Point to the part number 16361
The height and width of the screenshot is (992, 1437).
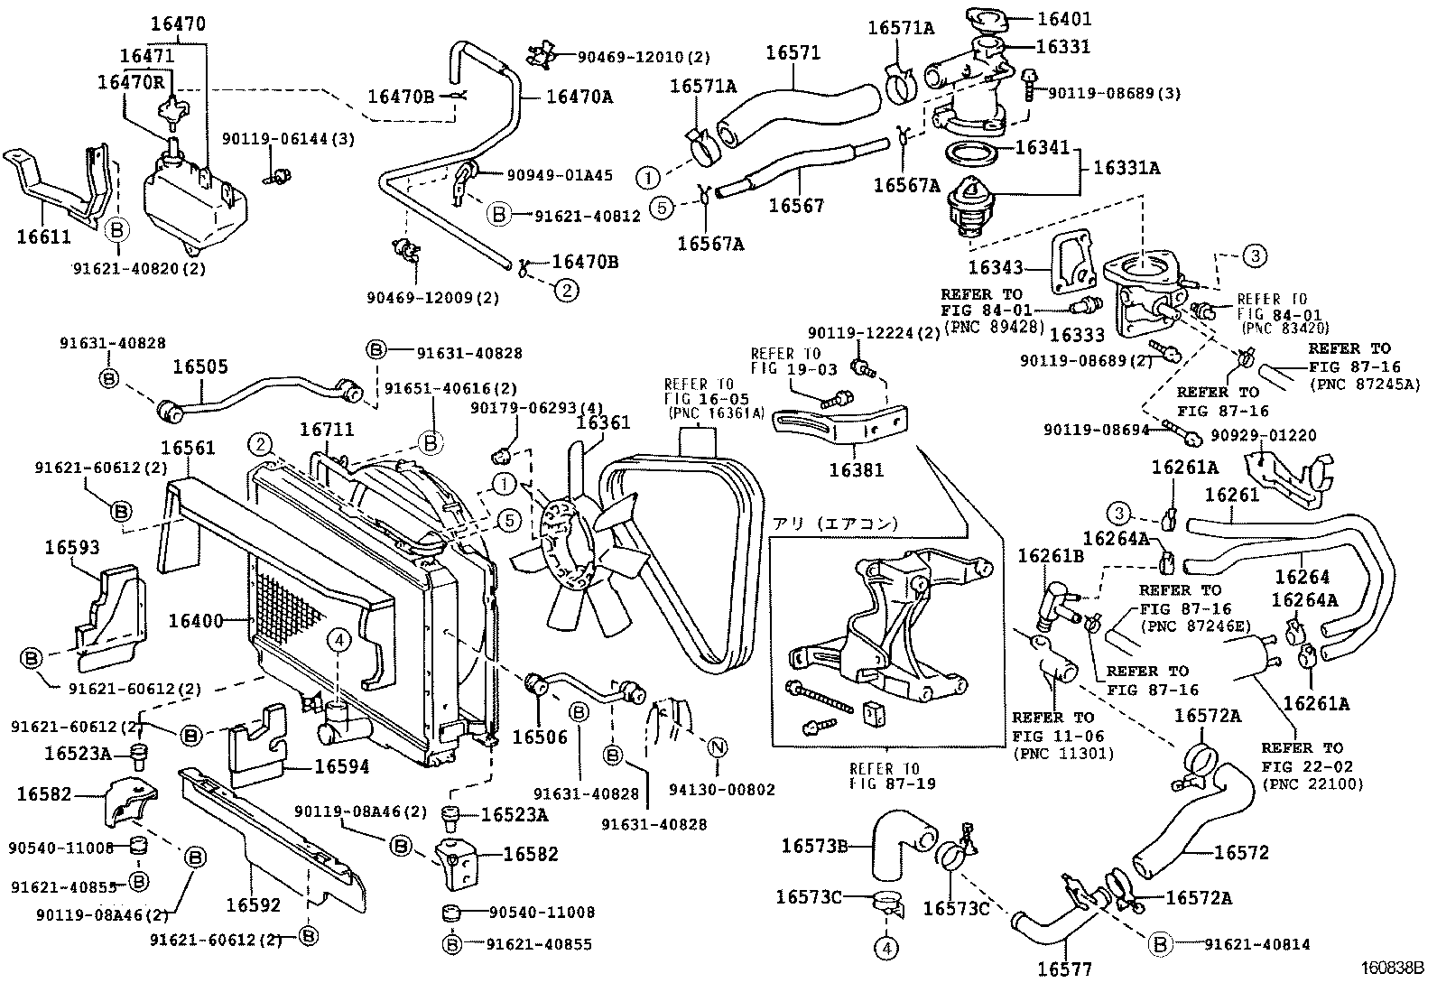[x=603, y=422]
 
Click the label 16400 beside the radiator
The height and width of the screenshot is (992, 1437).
[x=195, y=620]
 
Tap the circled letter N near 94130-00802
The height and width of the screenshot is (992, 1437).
[x=717, y=747]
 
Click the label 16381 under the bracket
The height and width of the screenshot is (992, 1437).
[x=856, y=470]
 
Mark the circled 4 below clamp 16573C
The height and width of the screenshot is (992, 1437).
[x=886, y=948]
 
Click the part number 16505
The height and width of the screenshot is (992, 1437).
[x=200, y=367]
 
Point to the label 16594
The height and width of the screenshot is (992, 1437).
[x=341, y=766]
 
